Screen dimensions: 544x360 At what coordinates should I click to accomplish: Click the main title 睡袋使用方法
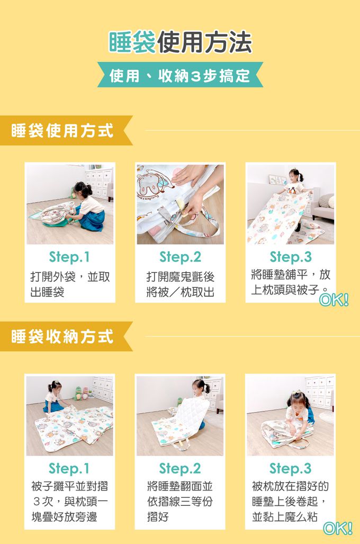pos(180,43)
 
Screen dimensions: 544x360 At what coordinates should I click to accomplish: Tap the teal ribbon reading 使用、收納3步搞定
pos(180,76)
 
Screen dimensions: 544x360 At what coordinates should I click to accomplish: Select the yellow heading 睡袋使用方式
pos(62,130)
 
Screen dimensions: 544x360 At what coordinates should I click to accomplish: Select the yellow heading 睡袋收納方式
pos(62,336)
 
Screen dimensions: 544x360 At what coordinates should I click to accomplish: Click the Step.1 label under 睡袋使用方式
pos(69,257)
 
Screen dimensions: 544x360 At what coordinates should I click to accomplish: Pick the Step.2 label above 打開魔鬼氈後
pos(180,257)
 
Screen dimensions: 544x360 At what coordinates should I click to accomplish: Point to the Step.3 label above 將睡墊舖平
pos(290,257)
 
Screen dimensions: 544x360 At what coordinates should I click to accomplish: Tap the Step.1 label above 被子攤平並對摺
pos(69,468)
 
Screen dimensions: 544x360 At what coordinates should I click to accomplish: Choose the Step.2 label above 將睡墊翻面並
pos(180,468)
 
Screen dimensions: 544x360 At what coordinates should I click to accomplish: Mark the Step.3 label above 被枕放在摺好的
pos(290,468)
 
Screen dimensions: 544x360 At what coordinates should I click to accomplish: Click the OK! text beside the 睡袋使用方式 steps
pos(334,300)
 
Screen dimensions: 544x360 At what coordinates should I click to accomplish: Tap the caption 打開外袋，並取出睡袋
pos(69,284)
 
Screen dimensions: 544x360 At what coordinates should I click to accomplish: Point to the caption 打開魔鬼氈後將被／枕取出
pos(180,284)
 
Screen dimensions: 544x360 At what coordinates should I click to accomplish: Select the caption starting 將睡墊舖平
pos(290,282)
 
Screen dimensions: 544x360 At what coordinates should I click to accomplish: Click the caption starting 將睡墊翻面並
pos(180,501)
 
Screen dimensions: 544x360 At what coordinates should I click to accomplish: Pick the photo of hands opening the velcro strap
pos(180,204)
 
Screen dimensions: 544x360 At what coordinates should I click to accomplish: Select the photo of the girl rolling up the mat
pos(290,416)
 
